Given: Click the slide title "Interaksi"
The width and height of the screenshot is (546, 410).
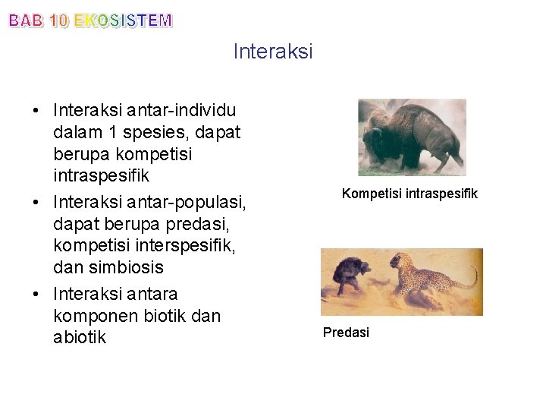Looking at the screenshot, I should [273, 52].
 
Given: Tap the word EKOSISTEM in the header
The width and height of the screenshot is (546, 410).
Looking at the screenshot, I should [123, 21].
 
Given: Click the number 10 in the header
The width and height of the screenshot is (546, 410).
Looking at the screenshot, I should [58, 21].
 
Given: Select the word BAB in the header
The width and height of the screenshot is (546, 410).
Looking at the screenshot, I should [26, 21].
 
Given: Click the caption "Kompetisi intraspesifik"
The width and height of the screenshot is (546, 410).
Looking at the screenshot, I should [409, 194].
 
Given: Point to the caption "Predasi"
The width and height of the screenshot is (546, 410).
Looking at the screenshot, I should [346, 333].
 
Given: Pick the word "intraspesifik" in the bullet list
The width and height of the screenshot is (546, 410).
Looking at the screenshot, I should [102, 176].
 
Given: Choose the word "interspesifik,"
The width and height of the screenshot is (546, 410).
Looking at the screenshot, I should [192, 247].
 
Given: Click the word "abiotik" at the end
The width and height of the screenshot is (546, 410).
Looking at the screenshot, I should [80, 337].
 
